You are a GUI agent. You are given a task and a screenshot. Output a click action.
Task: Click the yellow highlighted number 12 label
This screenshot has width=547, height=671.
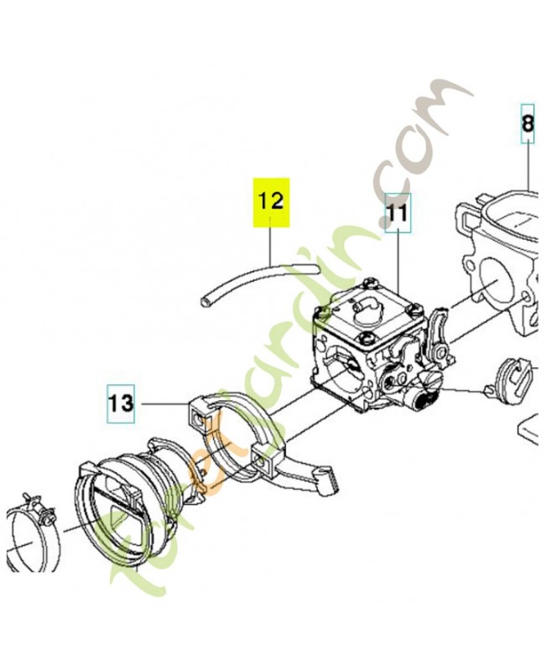(271, 202)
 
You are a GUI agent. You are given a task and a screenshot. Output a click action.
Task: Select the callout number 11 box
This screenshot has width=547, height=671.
(398, 213)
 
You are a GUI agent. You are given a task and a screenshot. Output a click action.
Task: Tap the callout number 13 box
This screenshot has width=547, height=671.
(121, 404)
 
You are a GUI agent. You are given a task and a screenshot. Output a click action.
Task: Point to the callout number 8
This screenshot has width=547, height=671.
(528, 123)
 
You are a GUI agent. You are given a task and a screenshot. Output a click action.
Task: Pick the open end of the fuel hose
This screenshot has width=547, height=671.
(203, 302)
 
